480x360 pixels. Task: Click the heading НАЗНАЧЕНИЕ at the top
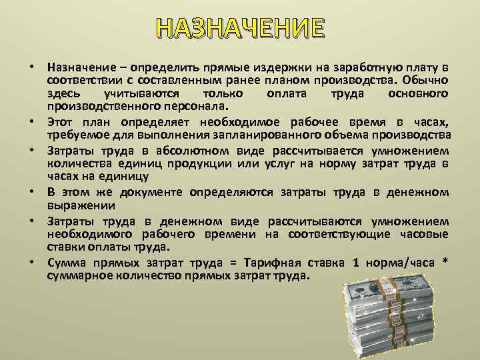[x=240, y=29]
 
